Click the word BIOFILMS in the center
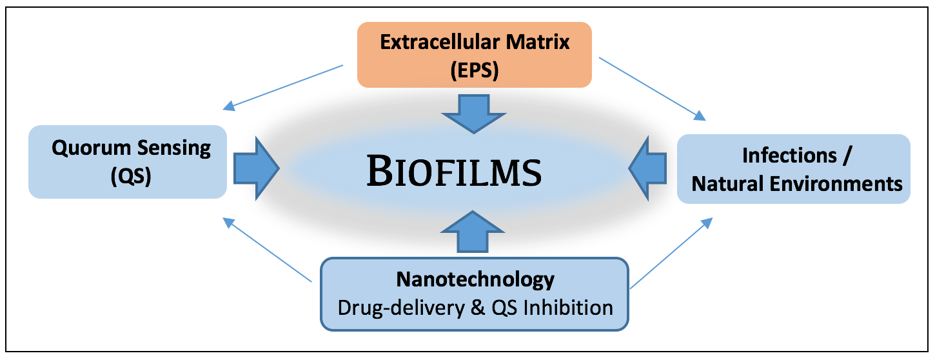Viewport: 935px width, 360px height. [x=453, y=172]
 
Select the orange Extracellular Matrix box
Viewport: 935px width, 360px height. [x=475, y=55]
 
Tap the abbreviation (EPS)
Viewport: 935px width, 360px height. [x=475, y=70]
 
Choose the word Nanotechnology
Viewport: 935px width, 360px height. [x=475, y=279]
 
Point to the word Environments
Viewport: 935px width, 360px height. [x=838, y=183]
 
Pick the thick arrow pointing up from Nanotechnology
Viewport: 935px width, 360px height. [x=475, y=232]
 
